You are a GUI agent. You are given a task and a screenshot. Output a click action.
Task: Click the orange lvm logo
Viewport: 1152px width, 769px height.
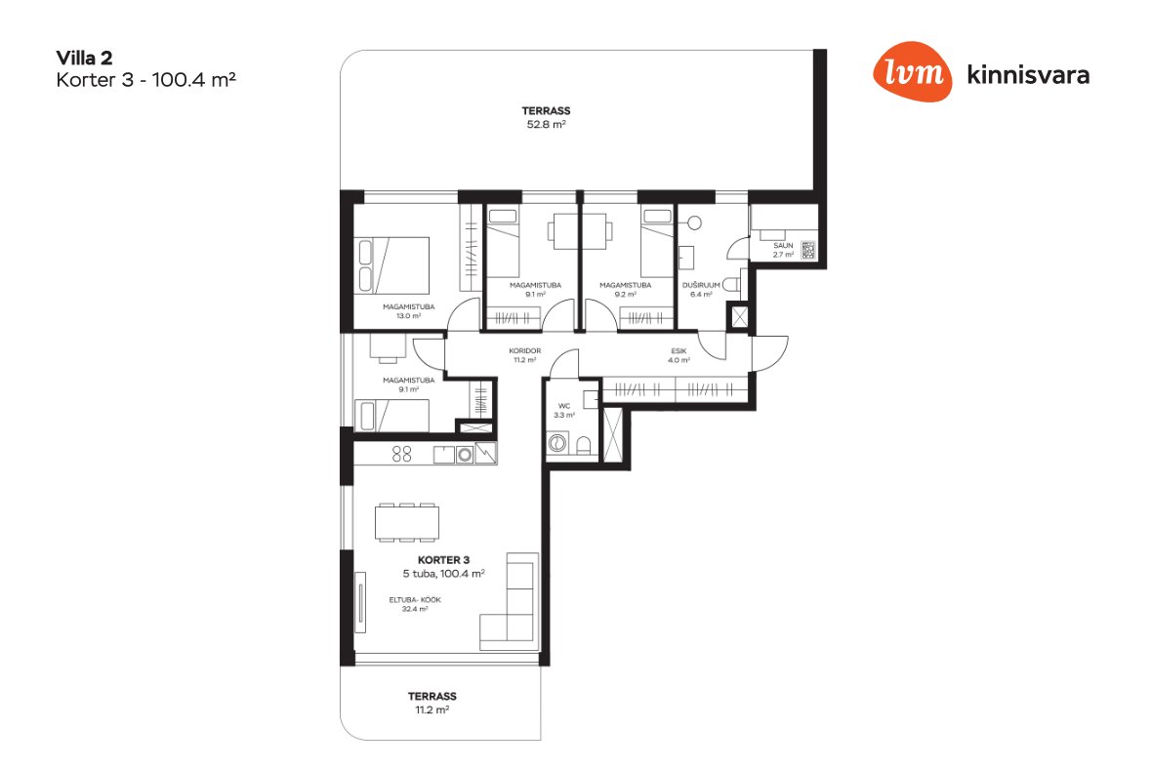(912, 71)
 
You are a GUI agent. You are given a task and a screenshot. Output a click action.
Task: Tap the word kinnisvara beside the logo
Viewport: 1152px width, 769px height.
(1028, 75)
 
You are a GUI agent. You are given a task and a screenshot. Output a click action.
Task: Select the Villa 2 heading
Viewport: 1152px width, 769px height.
(84, 58)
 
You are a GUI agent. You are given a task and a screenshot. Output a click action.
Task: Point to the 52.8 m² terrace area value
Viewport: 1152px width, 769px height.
(546, 125)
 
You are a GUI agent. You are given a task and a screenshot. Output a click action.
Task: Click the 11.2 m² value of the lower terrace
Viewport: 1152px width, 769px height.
(432, 710)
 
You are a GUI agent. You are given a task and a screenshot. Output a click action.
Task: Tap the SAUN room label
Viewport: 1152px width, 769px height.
(783, 245)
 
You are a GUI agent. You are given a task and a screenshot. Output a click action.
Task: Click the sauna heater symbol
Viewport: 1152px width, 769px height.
(808, 251)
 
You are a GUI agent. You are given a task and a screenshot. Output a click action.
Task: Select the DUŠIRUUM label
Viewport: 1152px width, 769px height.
(701, 285)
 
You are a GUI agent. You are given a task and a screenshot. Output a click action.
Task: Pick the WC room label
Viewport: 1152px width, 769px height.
(564, 406)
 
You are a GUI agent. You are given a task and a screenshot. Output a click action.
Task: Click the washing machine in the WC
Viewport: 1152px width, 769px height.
(557, 443)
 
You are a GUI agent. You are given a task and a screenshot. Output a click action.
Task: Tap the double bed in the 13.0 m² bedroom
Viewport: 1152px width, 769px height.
(391, 265)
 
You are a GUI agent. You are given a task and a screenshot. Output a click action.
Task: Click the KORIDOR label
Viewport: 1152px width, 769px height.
(524, 351)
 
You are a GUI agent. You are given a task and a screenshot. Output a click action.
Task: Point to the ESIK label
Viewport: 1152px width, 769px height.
(679, 351)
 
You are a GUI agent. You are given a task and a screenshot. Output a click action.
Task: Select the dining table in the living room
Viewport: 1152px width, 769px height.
(407, 522)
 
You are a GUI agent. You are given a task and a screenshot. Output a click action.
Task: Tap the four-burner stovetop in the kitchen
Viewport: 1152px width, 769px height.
(402, 455)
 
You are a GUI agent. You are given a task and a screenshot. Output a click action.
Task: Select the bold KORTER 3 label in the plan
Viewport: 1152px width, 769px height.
(443, 560)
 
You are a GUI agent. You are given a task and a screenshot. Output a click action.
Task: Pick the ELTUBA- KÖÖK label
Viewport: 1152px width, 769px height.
(415, 600)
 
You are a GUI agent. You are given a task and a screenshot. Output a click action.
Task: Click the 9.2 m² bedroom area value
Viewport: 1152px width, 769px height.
(625, 295)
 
